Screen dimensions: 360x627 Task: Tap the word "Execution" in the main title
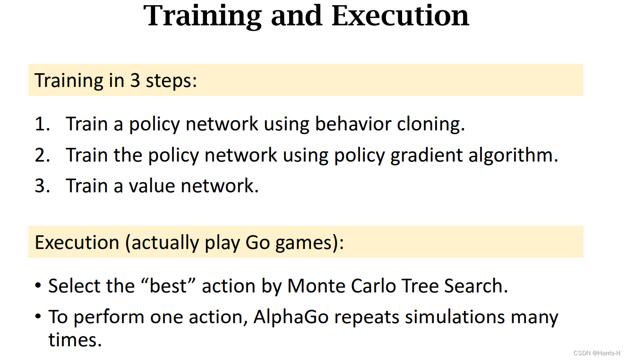400,16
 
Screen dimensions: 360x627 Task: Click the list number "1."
42,124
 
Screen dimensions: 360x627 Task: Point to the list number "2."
42,155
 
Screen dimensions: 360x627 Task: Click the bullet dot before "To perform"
38,317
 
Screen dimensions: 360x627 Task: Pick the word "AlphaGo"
286,317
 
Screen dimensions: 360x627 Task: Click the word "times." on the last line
75,340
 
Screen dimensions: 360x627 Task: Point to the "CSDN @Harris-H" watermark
597,353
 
